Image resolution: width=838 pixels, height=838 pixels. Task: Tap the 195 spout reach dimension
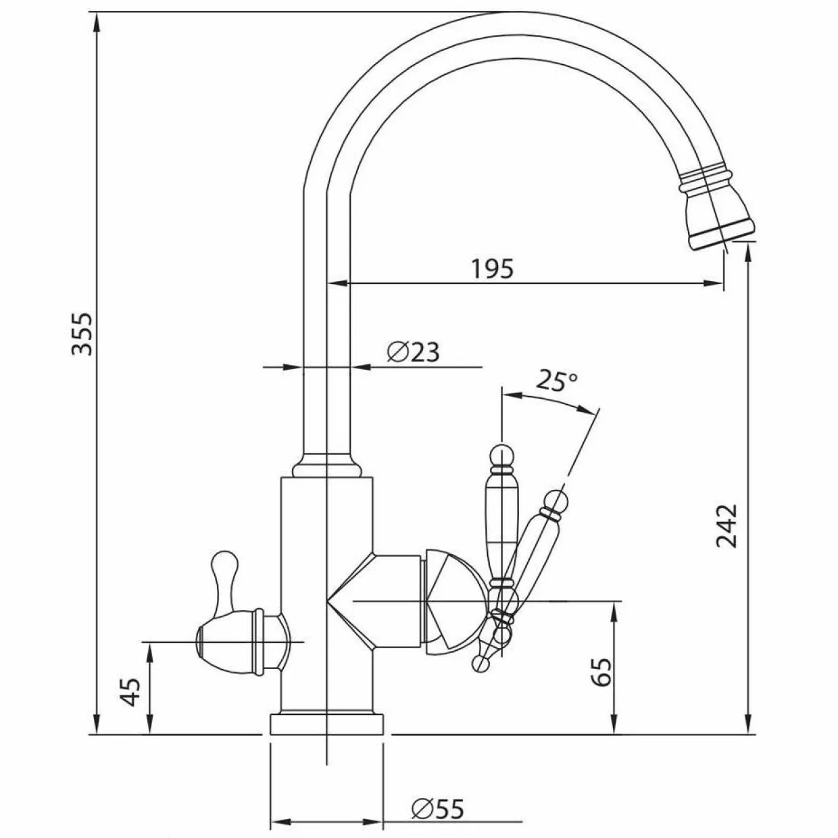click(493, 268)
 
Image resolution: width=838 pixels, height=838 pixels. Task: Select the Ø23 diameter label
click(414, 352)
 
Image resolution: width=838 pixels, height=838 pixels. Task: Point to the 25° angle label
click(556, 381)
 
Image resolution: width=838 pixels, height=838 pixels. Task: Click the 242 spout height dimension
click(726, 526)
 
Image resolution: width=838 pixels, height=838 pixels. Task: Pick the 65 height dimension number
click(602, 672)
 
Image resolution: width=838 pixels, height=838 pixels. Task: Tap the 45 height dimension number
click(130, 692)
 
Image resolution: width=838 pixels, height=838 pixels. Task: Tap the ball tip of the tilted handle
click(556, 501)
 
